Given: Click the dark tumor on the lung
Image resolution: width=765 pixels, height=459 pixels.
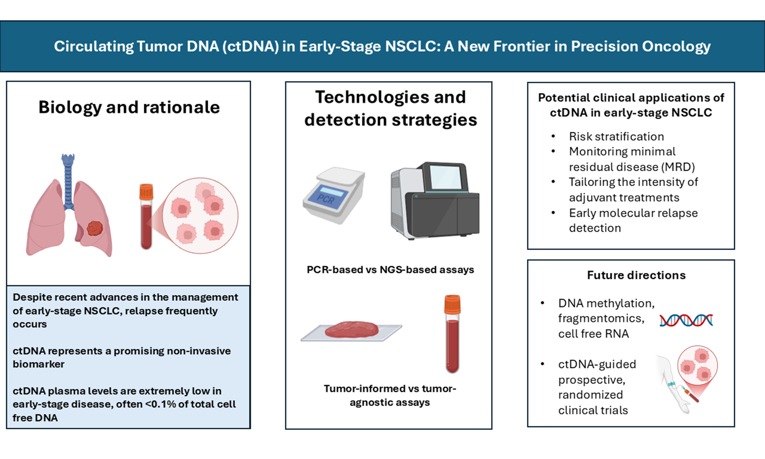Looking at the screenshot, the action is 95,228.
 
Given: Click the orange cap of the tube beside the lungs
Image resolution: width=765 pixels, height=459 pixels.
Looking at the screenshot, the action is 146,192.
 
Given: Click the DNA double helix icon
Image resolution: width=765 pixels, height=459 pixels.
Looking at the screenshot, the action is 686,320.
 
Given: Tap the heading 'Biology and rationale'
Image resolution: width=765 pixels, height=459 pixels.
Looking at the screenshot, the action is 129,107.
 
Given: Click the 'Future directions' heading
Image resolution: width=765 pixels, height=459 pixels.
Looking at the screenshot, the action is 637,275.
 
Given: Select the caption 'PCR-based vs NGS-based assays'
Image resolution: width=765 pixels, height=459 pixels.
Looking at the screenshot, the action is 390,270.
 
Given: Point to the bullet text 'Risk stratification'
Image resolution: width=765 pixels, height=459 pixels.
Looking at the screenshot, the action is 616,136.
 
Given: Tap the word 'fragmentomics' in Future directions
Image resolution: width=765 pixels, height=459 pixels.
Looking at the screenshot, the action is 601,318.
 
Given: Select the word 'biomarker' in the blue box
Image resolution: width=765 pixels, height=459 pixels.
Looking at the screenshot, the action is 38,364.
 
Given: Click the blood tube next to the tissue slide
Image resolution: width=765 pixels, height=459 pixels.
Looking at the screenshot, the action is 452,334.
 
